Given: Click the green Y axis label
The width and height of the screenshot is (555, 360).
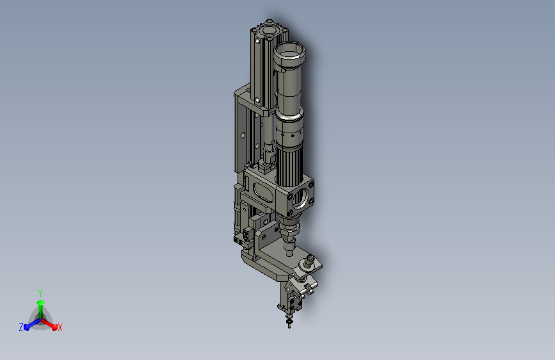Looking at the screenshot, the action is tap(40, 293).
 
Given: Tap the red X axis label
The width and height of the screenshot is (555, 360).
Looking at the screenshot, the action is tap(60, 327).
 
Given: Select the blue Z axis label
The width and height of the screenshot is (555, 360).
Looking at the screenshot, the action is tap(21, 327).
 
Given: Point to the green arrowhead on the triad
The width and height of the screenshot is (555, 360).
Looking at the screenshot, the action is tap(41, 303).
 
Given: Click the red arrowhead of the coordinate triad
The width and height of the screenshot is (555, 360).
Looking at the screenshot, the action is tap(54, 326).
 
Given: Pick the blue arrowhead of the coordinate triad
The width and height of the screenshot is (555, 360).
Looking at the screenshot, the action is tap(27, 327).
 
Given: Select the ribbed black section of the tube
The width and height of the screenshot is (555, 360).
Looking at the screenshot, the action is tap(289, 167).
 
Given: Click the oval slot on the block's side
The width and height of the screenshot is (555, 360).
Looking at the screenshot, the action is tap(264, 193).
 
